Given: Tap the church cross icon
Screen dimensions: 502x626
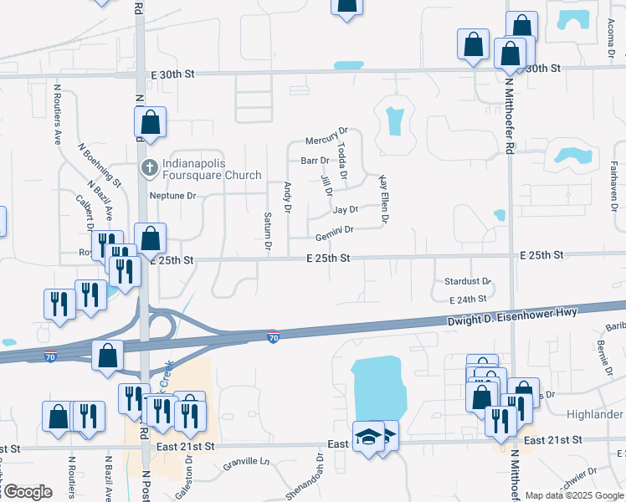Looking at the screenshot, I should coord(150,168).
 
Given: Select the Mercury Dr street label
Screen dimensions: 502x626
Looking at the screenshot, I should coord(326,136).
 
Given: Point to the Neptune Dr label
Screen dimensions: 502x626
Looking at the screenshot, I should coord(172,197).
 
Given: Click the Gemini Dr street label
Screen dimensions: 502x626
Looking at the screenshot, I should coord(335,230).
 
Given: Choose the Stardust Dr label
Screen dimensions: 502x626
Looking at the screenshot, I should coord(467,282).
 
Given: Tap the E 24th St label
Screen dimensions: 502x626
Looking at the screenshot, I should coord(468,299).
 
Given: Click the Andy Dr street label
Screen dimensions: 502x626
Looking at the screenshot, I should coord(288,197).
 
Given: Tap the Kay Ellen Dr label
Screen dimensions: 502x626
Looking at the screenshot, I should coord(385,199).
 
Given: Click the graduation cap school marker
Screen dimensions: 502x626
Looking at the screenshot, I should coord(368,438).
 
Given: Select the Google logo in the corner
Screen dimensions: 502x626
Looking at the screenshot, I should coord(27,492).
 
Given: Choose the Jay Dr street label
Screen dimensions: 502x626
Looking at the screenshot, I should coord(345,210).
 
